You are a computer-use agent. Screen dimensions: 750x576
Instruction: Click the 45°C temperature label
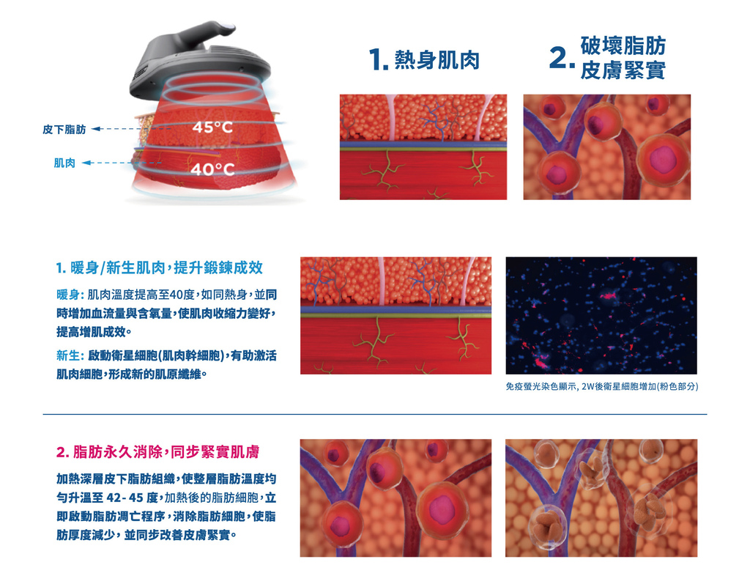[x=212, y=128]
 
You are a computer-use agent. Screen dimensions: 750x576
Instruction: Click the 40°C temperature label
[x=212, y=169]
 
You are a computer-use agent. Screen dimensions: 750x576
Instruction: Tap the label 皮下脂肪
[x=64, y=129]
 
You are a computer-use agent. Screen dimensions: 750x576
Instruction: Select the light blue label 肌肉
[x=64, y=163]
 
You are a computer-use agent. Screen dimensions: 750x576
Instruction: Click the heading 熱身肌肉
[x=437, y=60]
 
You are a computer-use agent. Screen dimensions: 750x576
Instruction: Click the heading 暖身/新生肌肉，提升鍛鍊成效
[x=159, y=268]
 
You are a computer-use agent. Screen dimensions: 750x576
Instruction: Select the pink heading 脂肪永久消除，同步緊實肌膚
[x=158, y=451]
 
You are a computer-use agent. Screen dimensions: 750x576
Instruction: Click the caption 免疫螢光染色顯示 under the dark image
[x=542, y=386]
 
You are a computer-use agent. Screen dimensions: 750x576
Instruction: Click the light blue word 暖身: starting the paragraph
[x=70, y=295]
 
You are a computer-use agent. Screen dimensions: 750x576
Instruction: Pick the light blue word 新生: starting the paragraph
[x=70, y=355]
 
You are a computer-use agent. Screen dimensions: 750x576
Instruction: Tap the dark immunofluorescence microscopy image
[x=601, y=316]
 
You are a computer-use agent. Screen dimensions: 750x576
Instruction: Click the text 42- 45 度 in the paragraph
[x=132, y=498]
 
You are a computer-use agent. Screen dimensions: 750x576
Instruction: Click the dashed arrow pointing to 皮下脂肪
[x=131, y=129]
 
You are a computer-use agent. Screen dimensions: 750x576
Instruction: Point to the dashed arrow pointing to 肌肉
[x=122, y=163]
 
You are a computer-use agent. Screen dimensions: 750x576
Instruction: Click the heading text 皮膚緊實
[x=623, y=71]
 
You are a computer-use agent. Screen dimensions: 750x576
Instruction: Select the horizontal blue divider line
[x=375, y=414]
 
